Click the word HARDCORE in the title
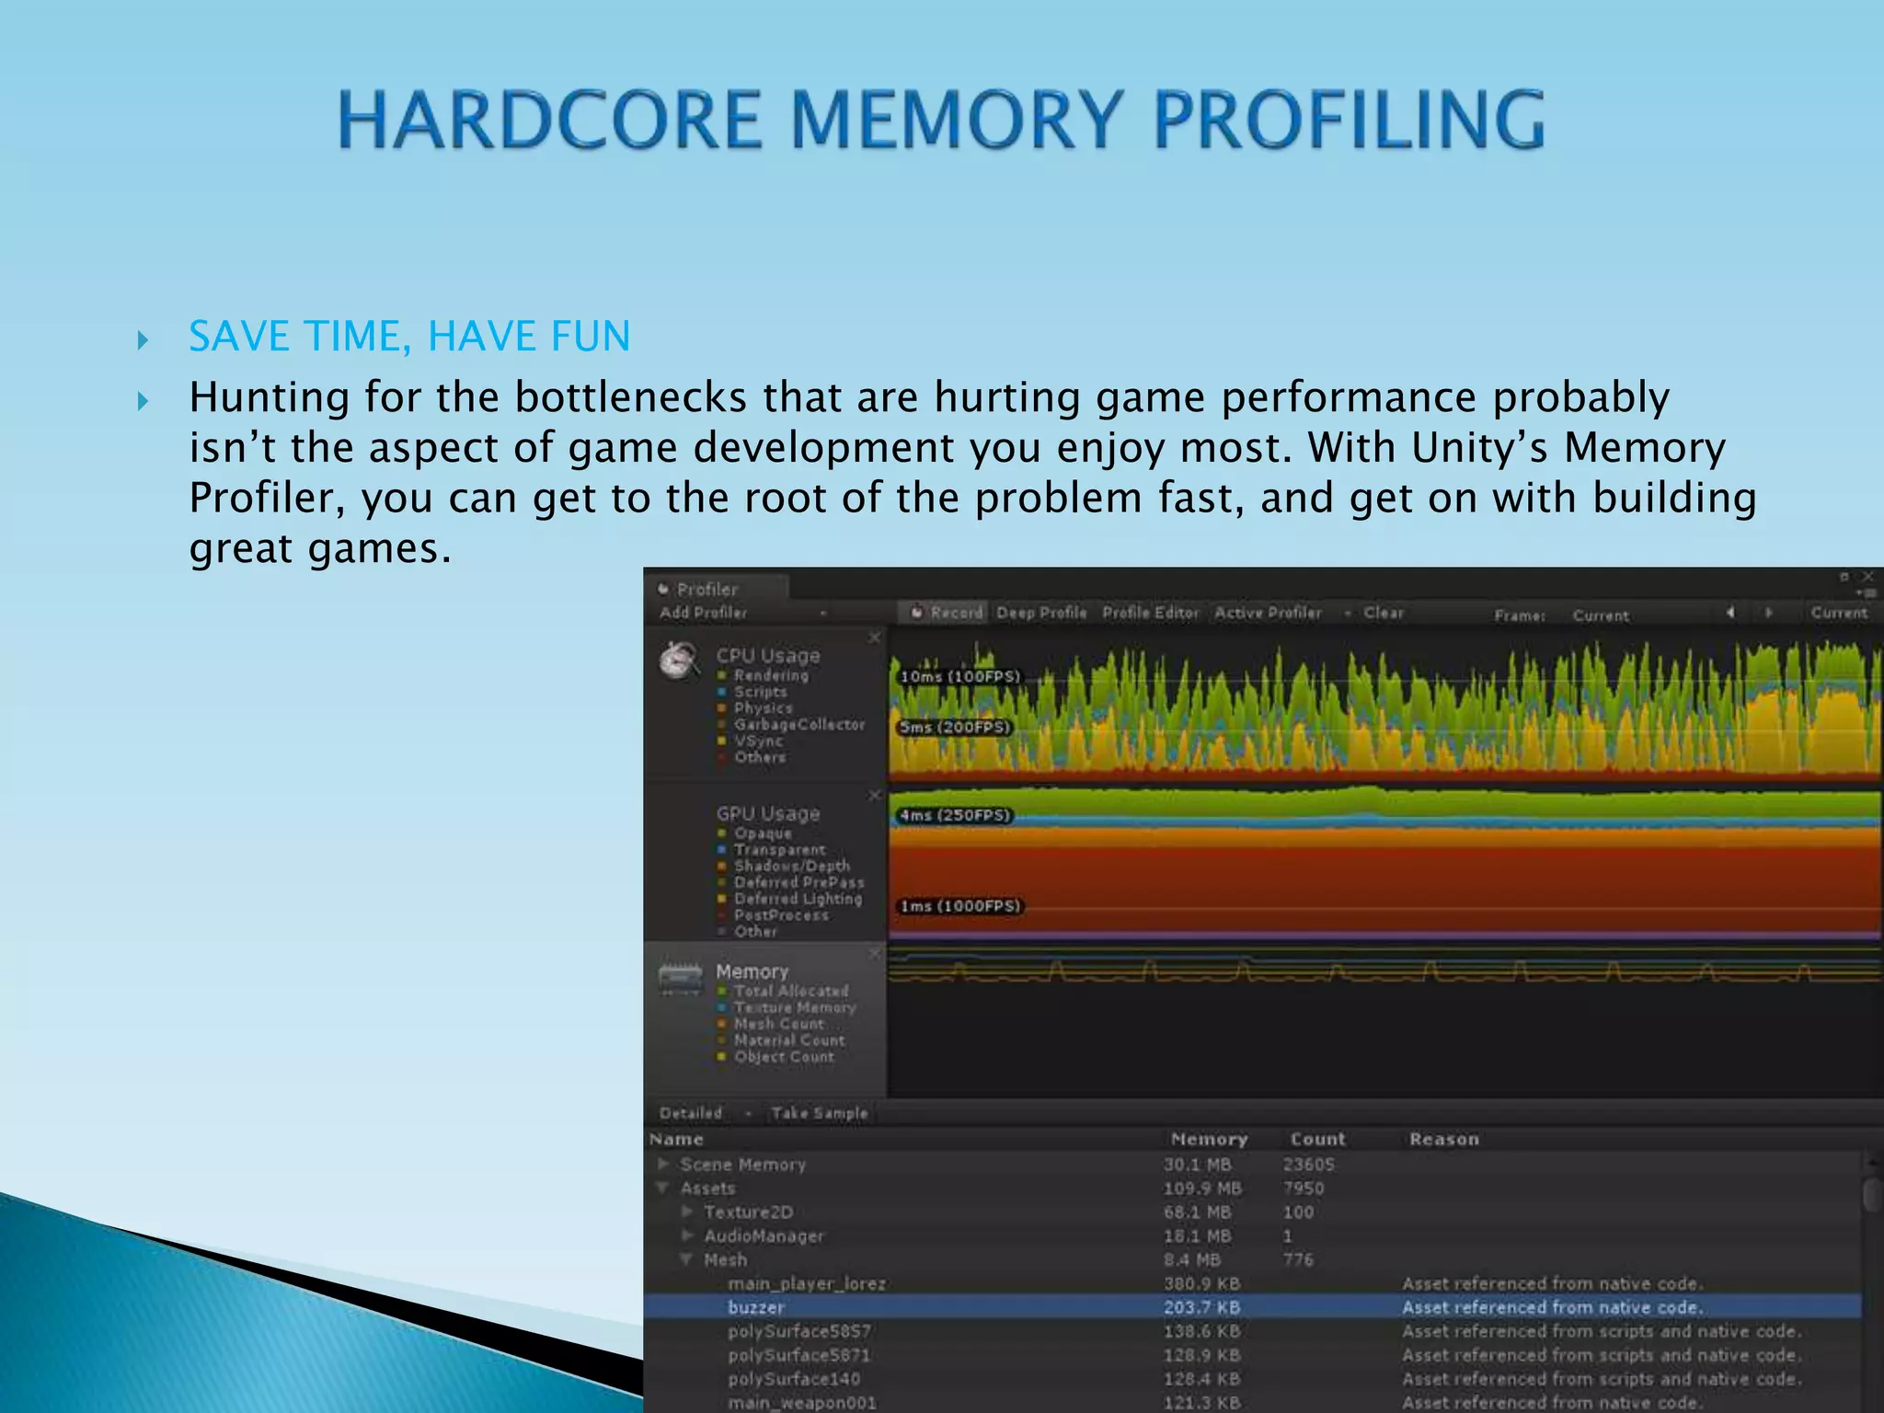(x=550, y=120)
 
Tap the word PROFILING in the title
(x=1349, y=120)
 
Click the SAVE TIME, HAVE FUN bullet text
(x=409, y=336)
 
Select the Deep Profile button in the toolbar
(x=1041, y=613)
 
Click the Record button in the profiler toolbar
(x=948, y=613)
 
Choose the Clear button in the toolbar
(x=1383, y=613)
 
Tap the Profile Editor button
(x=1150, y=613)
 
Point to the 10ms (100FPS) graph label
(x=959, y=677)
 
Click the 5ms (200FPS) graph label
(x=954, y=728)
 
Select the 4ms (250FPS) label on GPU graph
(x=954, y=816)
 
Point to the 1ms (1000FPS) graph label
(x=959, y=906)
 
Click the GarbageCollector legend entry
(x=798, y=725)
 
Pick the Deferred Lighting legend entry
(x=798, y=899)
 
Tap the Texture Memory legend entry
(x=794, y=1007)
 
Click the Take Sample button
(x=819, y=1113)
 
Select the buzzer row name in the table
(x=756, y=1307)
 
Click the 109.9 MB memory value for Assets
(x=1201, y=1189)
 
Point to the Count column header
(x=1317, y=1139)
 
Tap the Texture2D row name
(x=748, y=1212)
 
